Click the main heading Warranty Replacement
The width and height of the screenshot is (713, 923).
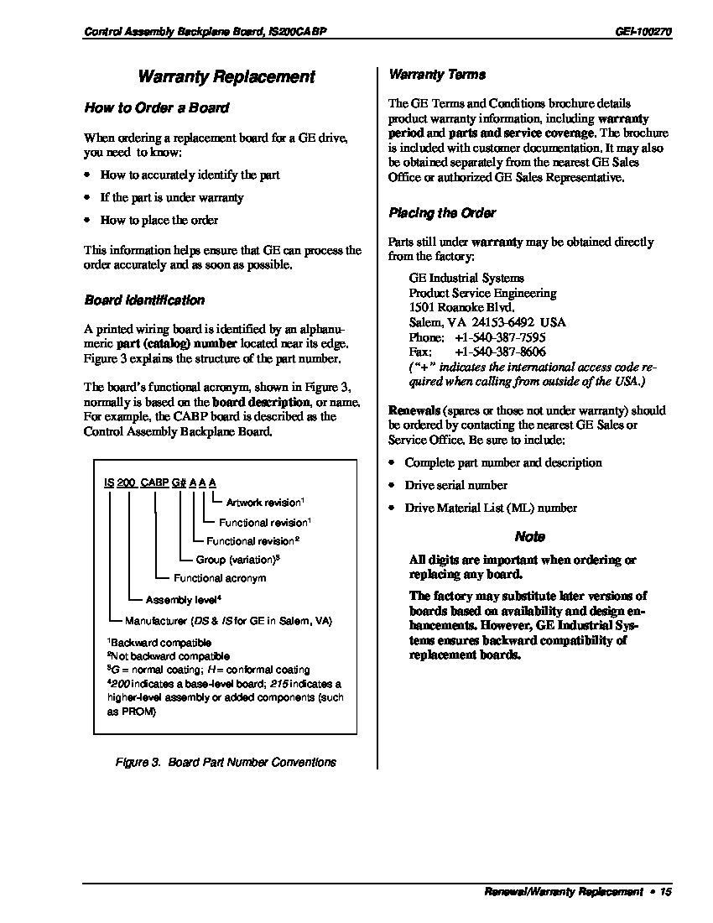coord(226,77)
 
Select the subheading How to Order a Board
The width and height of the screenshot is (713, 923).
coord(156,108)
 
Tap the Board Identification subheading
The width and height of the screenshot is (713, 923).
coord(144,300)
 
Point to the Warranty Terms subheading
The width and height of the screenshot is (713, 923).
coord(437,75)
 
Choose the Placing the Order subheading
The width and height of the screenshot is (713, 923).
coord(442,213)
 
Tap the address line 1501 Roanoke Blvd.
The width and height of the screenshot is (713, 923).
coord(461,308)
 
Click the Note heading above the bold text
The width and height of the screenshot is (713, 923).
coord(529,537)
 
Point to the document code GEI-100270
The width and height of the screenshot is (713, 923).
coord(643,32)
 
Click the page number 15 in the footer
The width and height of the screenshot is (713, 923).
coord(666,892)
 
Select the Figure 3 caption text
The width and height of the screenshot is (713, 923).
coord(226,762)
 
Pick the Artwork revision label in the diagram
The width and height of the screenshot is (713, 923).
coord(263,503)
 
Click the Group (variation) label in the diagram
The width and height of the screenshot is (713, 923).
coord(237,560)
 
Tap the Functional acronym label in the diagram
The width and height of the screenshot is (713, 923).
coord(220,578)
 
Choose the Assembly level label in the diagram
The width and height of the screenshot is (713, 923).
coord(182,600)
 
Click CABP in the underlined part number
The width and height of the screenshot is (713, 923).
coord(154,482)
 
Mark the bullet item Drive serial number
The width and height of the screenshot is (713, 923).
coord(455,485)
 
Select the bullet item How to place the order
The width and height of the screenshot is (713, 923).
coord(159,221)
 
